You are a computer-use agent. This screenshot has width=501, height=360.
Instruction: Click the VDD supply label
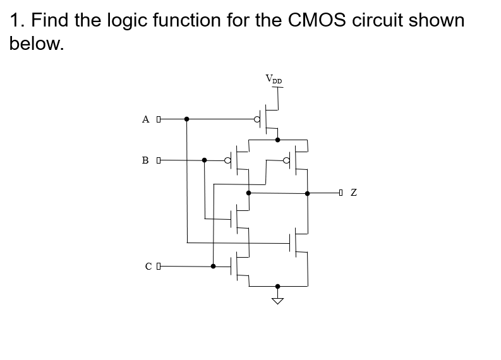(x=274, y=80)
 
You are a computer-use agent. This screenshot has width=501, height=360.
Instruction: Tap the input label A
(x=146, y=119)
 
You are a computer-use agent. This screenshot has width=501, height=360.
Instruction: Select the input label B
(x=146, y=160)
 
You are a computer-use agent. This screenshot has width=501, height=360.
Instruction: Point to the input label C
(x=148, y=267)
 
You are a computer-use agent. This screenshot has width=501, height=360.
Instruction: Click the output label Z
(x=354, y=193)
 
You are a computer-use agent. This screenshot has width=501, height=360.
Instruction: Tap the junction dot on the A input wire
(x=186, y=118)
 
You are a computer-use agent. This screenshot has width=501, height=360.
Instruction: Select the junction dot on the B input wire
(x=204, y=160)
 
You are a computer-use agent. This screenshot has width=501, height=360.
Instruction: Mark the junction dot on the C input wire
(x=213, y=266)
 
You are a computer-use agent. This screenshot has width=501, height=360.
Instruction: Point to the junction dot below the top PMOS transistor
(x=277, y=140)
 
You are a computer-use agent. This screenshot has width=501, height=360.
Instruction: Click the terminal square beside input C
(x=159, y=266)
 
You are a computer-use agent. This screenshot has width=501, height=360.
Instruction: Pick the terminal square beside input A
(x=159, y=118)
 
